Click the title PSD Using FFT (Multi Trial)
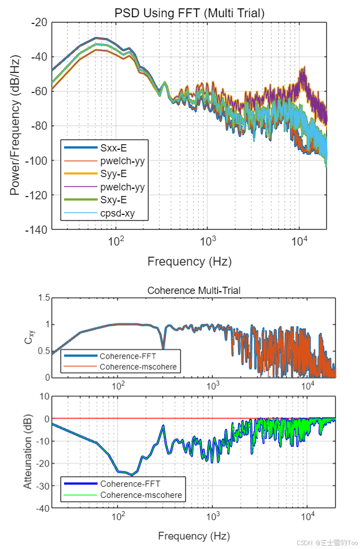click(x=189, y=12)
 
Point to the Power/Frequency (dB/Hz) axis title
click(x=15, y=125)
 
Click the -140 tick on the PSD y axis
click(x=38, y=229)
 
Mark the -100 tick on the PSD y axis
click(x=38, y=160)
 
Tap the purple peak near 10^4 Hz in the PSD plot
click(x=304, y=69)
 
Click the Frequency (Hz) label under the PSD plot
click(x=189, y=261)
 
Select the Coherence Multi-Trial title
click(x=193, y=291)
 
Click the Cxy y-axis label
click(x=29, y=337)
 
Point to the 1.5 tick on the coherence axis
click(x=42, y=298)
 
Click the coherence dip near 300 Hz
click(x=163, y=349)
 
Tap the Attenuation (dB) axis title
click(x=27, y=452)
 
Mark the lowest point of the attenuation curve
click(x=132, y=475)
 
